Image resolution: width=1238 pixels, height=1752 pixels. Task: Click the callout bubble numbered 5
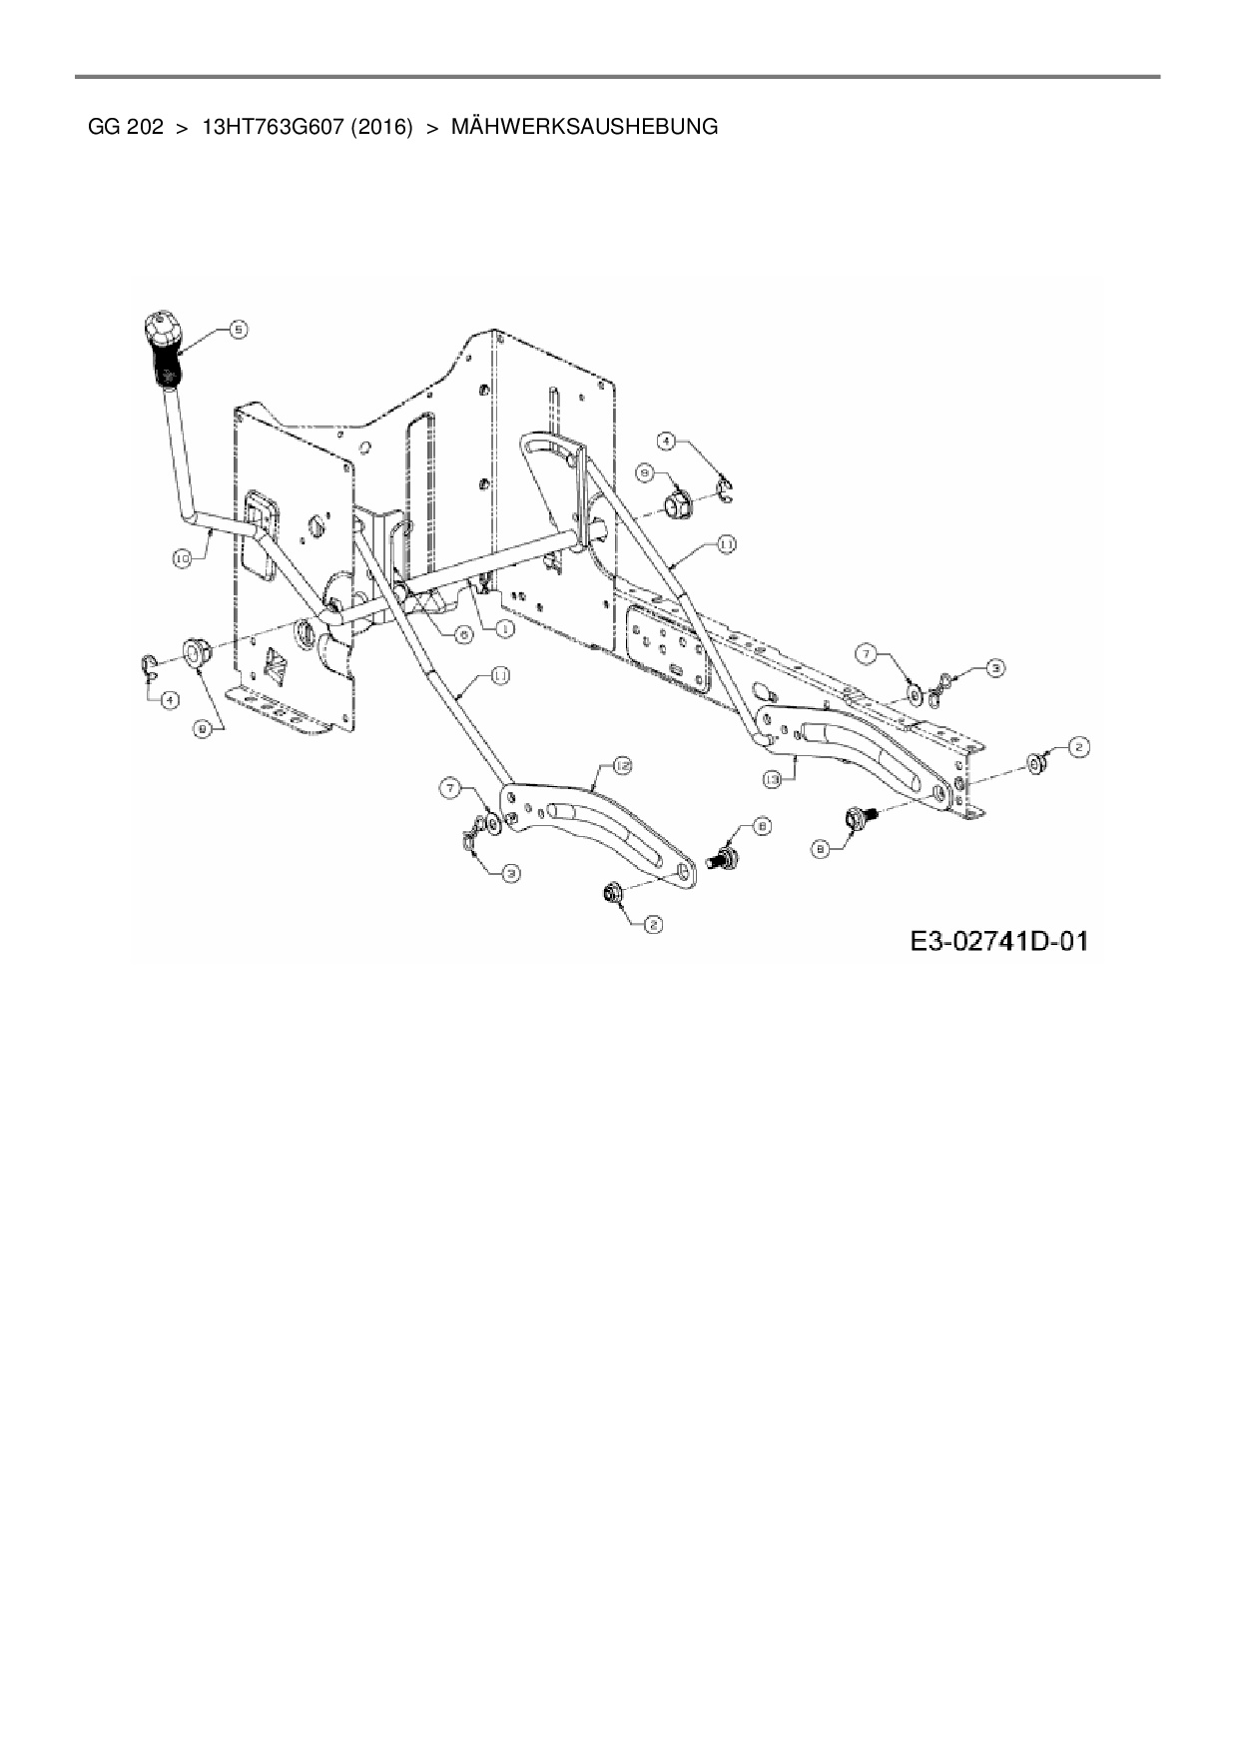pos(237,329)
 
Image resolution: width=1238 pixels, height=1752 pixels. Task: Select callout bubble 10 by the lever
pos(183,560)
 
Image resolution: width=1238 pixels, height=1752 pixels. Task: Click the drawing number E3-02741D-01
pos(997,941)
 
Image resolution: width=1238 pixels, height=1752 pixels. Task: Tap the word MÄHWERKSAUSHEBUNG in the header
pos(584,127)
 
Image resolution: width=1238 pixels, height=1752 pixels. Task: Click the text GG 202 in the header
pos(126,127)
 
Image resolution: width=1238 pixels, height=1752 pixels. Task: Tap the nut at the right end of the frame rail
pos(1036,764)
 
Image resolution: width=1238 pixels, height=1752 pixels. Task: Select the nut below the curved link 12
pos(608,892)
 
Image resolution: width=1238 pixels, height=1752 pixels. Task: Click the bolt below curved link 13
pos(859,819)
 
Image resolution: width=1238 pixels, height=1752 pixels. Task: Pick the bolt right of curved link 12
pos(721,856)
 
